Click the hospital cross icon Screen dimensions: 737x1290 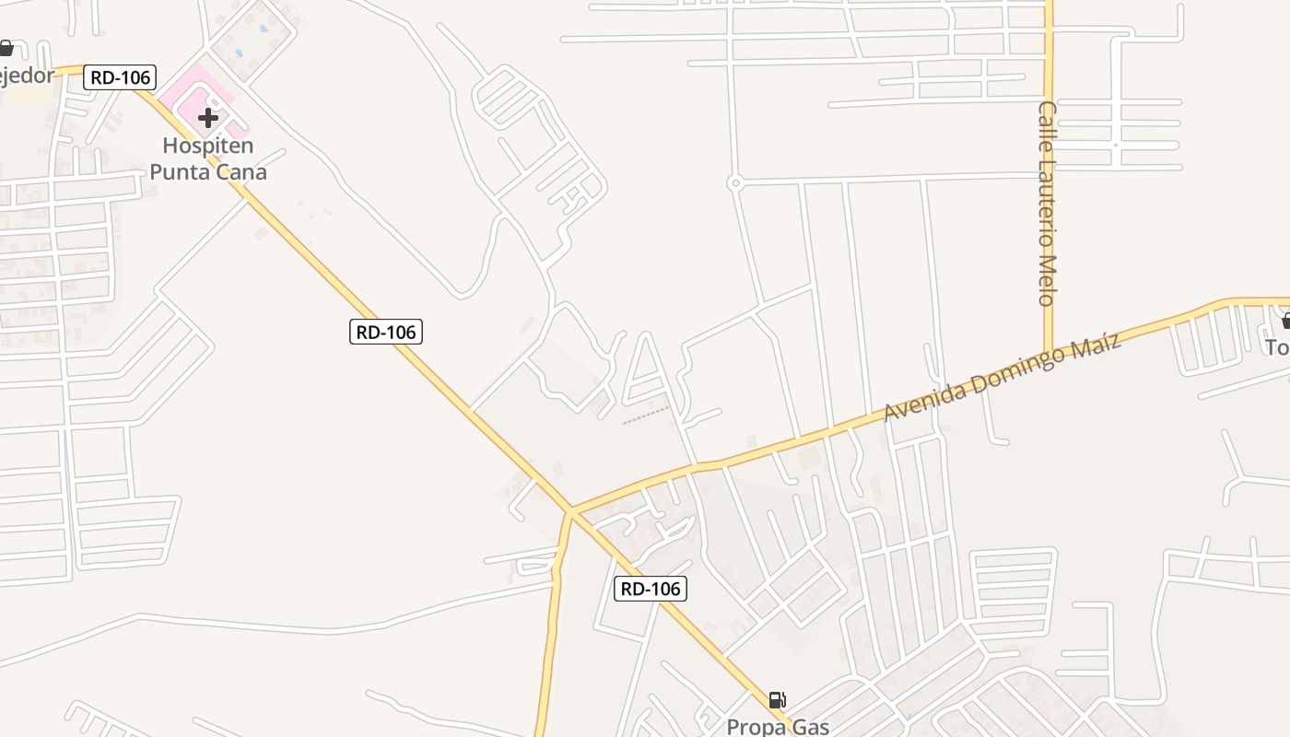[208, 117]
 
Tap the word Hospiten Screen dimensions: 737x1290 [208, 146]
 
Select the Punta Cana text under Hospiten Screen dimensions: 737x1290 [208, 171]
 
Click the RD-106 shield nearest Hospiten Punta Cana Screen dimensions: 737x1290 [121, 77]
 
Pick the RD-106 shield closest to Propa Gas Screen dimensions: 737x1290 [651, 589]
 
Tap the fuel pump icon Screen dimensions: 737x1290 [778, 700]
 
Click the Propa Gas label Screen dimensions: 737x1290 [778, 726]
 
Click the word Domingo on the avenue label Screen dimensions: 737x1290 [1021, 367]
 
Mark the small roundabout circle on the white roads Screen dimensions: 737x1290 [735, 183]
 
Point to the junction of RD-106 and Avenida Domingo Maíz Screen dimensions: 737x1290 [571, 510]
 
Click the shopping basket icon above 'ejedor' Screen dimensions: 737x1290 [6, 47]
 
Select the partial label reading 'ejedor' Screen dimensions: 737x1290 [27, 75]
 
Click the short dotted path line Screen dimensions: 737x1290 [645, 415]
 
